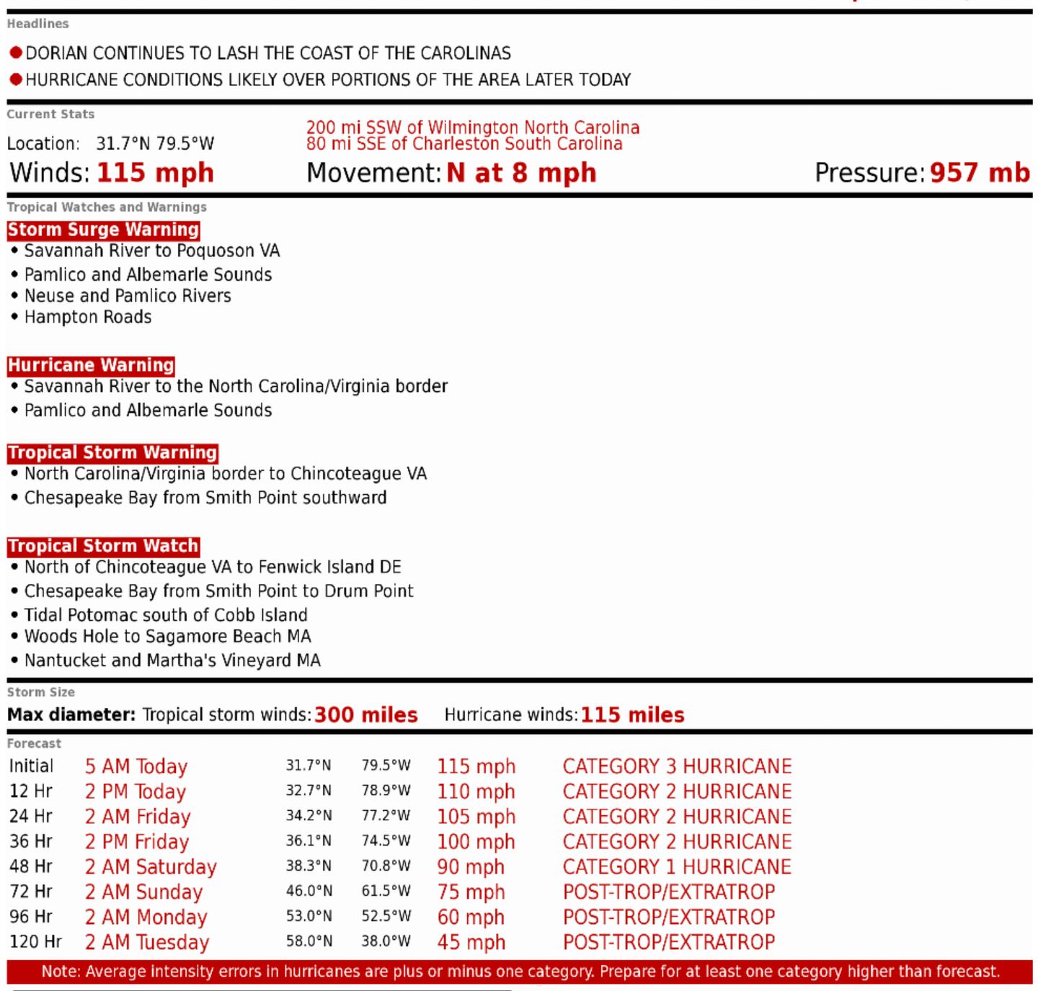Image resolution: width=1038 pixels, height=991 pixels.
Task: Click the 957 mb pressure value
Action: click(x=980, y=173)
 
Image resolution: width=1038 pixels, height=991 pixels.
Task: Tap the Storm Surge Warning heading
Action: click(x=103, y=230)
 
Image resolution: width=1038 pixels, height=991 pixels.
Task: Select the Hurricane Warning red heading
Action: click(x=91, y=365)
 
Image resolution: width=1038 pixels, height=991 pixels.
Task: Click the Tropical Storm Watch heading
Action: click(x=103, y=546)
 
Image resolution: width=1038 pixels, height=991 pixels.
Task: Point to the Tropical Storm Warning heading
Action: click(x=112, y=453)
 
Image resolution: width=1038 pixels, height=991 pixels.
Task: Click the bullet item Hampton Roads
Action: click(x=87, y=317)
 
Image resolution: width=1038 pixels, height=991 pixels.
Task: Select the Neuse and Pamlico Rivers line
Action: click(x=127, y=296)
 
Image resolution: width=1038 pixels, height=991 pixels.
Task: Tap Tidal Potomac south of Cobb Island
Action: click(x=165, y=615)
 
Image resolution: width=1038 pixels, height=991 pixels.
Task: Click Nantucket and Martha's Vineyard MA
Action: click(x=172, y=660)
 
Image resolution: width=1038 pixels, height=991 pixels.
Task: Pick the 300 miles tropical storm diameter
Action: click(x=365, y=715)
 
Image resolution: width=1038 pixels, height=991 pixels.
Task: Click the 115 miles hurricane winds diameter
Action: click(x=632, y=715)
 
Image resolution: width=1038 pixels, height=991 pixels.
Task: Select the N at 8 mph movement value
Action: click(x=521, y=173)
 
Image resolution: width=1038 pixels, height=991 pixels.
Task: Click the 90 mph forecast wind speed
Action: click(x=471, y=867)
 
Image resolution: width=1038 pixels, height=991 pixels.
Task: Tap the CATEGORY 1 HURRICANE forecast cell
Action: click(x=677, y=867)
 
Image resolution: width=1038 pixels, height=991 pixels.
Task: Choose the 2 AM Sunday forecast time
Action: click(x=143, y=892)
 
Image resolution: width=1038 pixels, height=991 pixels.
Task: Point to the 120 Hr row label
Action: click(x=35, y=942)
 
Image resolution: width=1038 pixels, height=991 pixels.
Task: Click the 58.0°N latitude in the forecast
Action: click(x=309, y=942)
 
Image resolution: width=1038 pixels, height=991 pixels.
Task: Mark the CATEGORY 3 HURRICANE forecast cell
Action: click(x=677, y=766)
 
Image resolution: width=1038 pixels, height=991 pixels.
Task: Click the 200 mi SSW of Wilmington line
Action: click(x=472, y=128)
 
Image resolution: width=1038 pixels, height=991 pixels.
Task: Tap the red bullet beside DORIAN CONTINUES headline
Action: click(x=16, y=53)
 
